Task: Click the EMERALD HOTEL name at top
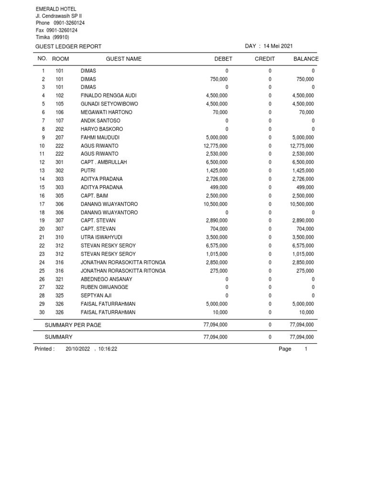coord(56,9)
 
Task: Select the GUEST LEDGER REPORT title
coord(68,46)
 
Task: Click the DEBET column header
coord(223,59)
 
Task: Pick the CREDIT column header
coord(265,59)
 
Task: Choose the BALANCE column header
coord(306,59)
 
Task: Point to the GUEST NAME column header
coord(124,59)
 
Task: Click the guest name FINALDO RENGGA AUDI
coord(108,96)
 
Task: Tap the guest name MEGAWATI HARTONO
coord(107,112)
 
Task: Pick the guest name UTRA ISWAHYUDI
coord(101,237)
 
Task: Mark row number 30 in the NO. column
coord(42,312)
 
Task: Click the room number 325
coord(60,296)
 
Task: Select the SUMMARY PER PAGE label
coord(73,325)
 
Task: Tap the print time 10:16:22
coord(108,349)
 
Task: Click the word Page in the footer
coord(285,349)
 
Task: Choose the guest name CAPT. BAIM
coord(94,196)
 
